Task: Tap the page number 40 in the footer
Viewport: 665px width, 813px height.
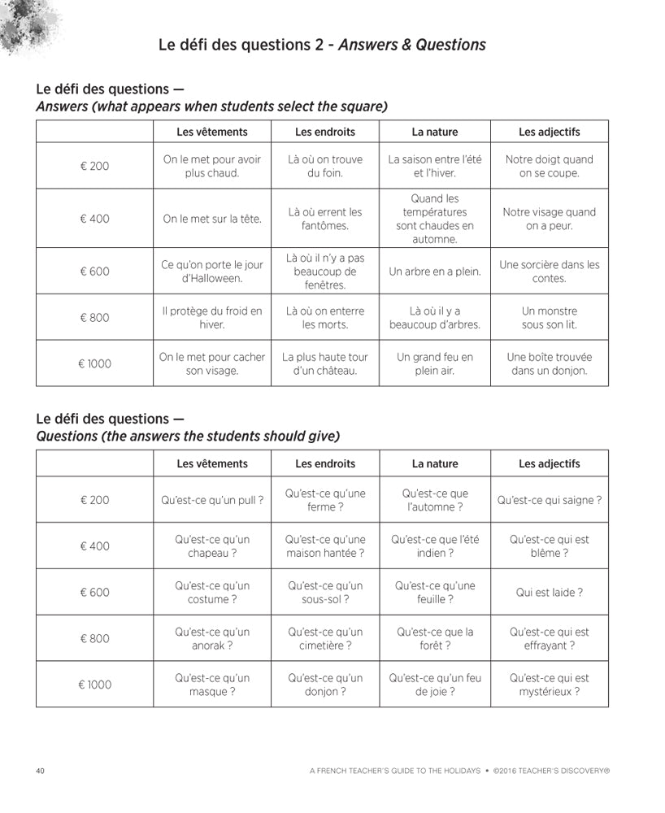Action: coord(41,770)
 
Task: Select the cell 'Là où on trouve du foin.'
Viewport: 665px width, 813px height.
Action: coord(325,166)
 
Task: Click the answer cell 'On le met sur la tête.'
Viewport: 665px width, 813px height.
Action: coord(212,219)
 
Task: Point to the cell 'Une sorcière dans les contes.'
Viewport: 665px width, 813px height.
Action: coord(549,272)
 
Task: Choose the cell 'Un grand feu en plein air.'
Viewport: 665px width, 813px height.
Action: coord(434,363)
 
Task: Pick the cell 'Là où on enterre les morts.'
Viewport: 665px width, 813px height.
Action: coord(325,317)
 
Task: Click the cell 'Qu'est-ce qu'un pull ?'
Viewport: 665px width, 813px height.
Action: coord(212,500)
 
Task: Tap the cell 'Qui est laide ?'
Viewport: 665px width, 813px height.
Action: coord(549,593)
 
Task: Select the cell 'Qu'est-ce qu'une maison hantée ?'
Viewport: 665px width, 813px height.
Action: coord(325,546)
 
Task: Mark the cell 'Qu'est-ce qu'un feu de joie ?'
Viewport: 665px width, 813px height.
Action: coord(434,685)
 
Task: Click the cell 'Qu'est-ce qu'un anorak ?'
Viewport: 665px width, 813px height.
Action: coord(212,638)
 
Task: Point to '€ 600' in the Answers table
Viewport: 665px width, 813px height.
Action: coord(94,272)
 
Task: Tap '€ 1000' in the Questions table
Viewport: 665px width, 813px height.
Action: coord(94,685)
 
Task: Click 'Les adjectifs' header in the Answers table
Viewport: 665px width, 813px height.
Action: coord(549,132)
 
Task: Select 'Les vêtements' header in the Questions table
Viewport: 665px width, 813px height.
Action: coord(212,463)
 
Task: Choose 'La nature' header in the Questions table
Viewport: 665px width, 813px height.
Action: coord(434,463)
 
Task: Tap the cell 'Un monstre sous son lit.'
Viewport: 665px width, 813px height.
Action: coord(549,317)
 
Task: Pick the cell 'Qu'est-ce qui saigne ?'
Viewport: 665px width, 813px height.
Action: coord(549,500)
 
